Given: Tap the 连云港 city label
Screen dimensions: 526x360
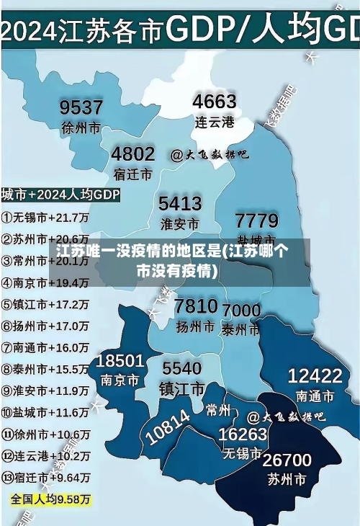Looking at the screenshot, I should point(215,121).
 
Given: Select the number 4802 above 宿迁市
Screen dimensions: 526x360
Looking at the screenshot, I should point(132,153).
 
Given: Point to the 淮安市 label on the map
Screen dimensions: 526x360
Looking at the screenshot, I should point(179,223).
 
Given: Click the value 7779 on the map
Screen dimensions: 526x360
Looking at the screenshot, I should point(256,219).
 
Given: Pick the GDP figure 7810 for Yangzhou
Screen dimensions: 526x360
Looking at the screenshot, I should point(196,306).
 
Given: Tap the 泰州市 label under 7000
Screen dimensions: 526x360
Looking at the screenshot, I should point(241,329).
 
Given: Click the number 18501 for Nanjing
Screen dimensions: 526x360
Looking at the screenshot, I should point(120,360).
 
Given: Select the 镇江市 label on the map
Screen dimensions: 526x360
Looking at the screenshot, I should point(182,389).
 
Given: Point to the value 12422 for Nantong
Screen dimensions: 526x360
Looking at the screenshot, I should point(315,375).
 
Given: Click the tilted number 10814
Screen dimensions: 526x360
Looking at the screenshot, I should point(168,427).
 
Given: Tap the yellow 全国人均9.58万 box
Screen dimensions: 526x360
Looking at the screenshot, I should point(50,499).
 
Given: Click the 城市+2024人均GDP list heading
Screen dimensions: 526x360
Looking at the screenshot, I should point(60,195).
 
